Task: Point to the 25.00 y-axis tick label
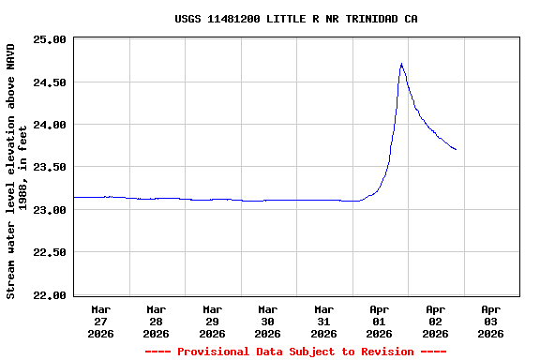pyautogui.click(x=49, y=40)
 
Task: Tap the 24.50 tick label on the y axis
pyautogui.click(x=49, y=82)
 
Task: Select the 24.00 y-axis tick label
pyautogui.click(x=49, y=125)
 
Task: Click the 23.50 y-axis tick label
pyautogui.click(x=49, y=168)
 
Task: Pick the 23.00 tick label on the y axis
pyautogui.click(x=49, y=210)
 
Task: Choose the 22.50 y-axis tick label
pyautogui.click(x=49, y=253)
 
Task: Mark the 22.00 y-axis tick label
pyautogui.click(x=49, y=295)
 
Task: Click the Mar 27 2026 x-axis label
pyautogui.click(x=100, y=321)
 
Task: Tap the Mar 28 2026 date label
pyautogui.click(x=157, y=321)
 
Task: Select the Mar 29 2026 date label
pyautogui.click(x=212, y=321)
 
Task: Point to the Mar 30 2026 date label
pyautogui.click(x=268, y=321)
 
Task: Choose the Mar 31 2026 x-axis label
pyautogui.click(x=323, y=321)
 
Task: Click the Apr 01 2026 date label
pyautogui.click(x=380, y=321)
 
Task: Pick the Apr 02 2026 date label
pyautogui.click(x=435, y=321)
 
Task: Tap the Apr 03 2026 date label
pyautogui.click(x=490, y=321)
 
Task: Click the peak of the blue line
pyautogui.click(x=401, y=64)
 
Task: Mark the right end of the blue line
pyautogui.click(x=456, y=149)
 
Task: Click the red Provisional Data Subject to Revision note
pyautogui.click(x=295, y=352)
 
